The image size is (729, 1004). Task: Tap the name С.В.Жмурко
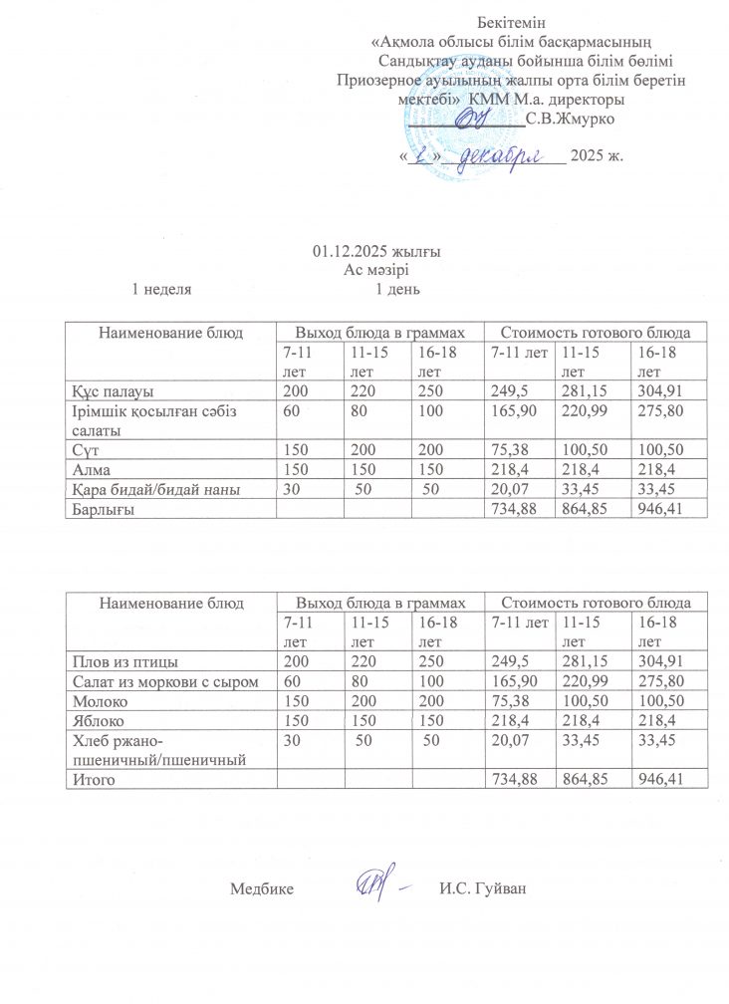pos(571,120)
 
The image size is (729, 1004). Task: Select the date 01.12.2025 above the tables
pos(361,250)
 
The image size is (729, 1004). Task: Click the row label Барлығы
pos(101,510)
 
